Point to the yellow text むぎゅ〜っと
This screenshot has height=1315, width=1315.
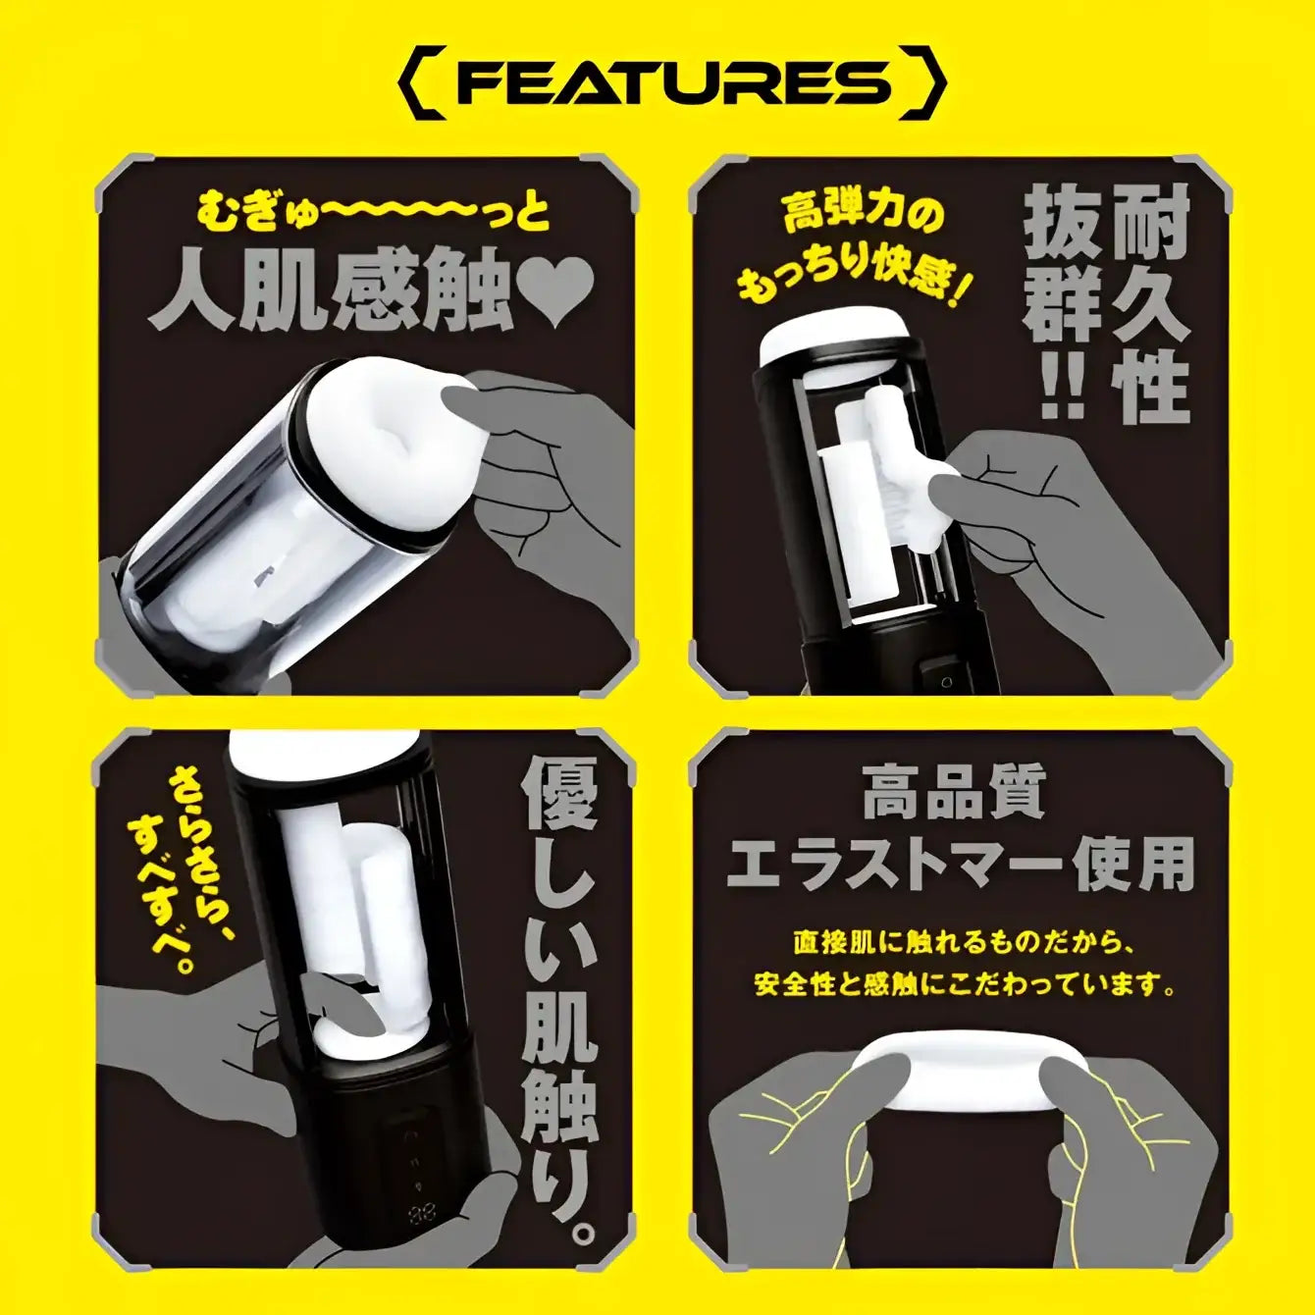374,212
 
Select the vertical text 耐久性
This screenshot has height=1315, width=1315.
1150,304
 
